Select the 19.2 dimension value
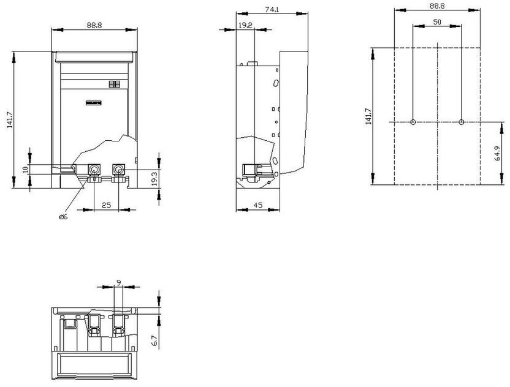point(245,25)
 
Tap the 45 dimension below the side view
point(257,206)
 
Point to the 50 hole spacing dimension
point(437,22)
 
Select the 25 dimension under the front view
point(106,206)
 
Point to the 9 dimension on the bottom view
point(118,283)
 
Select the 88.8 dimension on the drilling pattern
point(437,6)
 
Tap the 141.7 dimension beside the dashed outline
point(368,116)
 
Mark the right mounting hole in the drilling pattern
point(461,122)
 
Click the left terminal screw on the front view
point(95,169)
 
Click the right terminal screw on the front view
point(118,169)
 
